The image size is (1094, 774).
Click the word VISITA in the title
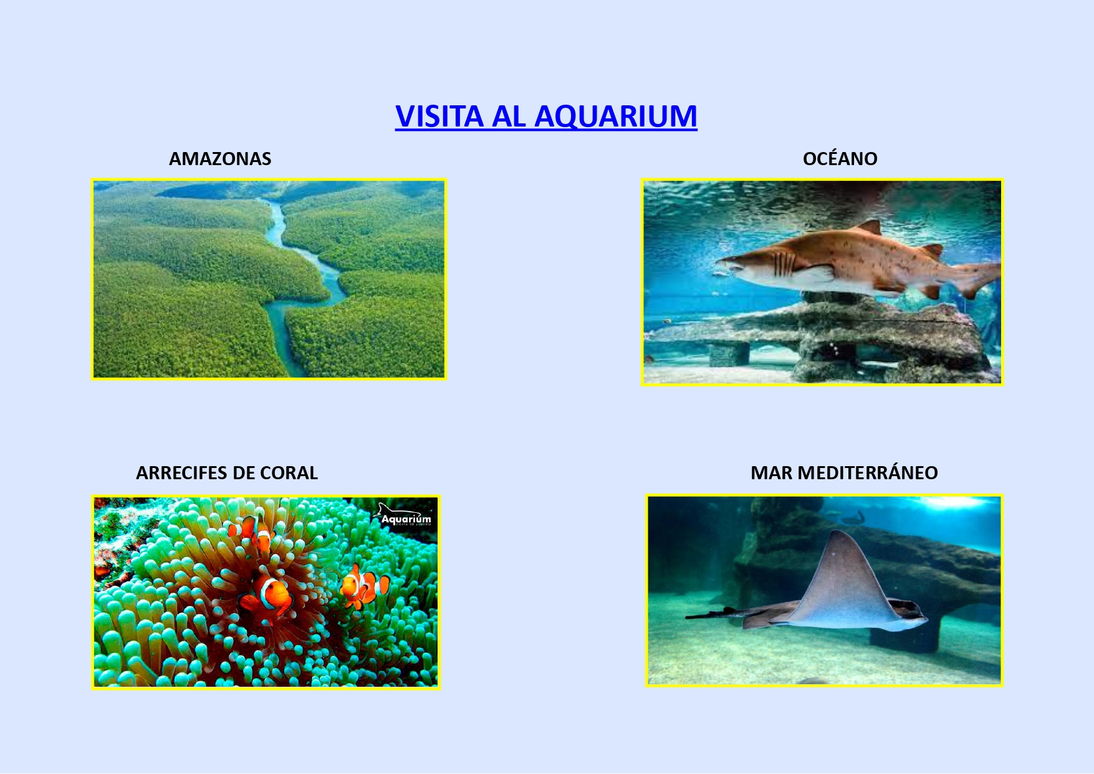tap(439, 116)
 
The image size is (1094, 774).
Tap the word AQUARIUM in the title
tap(616, 117)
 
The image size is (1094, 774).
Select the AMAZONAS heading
tap(220, 159)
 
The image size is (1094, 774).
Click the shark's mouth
tap(729, 266)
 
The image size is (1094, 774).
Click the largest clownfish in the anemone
tap(268, 596)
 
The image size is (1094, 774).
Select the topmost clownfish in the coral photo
tap(252, 531)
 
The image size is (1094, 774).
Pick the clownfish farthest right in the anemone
tap(364, 585)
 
